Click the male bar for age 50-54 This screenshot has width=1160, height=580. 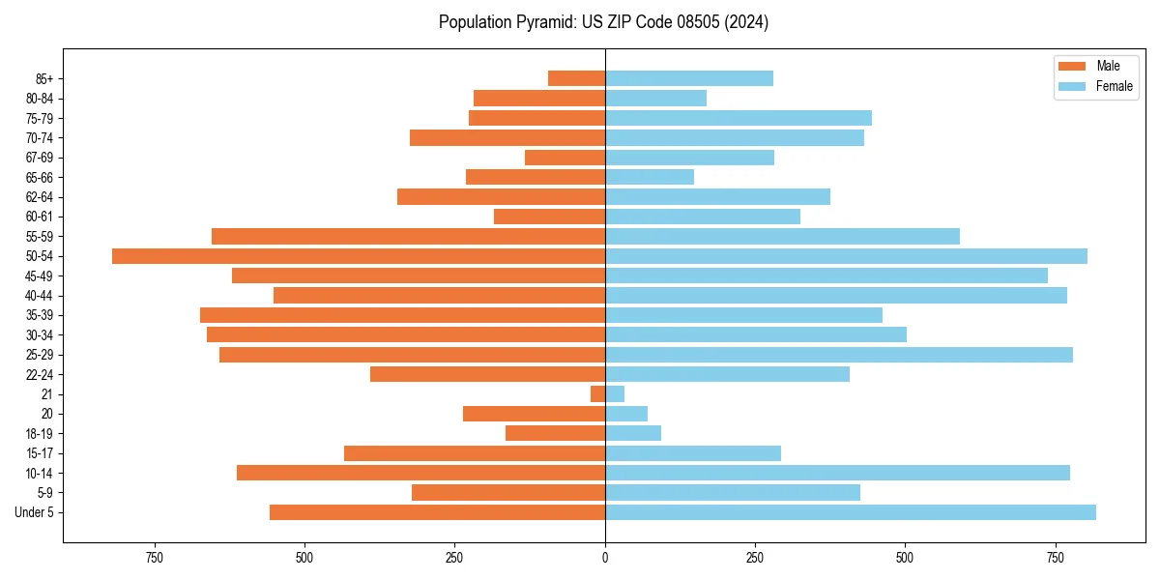point(359,256)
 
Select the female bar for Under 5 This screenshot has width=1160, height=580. point(851,512)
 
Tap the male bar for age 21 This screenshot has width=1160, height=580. point(598,394)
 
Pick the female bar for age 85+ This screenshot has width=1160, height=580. point(689,78)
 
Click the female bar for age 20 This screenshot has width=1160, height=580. point(626,414)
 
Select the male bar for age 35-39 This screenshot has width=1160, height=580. point(402,315)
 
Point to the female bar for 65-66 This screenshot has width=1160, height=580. point(650,177)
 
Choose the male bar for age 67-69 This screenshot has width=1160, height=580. point(565,158)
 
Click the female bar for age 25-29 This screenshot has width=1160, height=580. point(839,355)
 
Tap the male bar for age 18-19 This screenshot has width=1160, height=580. point(555,434)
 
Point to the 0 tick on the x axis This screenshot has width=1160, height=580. point(605,557)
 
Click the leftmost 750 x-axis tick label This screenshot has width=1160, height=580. point(154,557)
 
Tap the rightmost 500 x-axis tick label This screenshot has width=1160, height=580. point(905,557)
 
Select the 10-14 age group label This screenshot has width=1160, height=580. point(40,474)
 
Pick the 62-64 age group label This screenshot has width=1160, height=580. point(40,197)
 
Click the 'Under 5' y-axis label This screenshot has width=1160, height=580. point(35,512)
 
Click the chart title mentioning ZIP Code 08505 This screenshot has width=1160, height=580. point(603,21)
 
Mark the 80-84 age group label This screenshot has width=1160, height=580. point(40,99)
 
